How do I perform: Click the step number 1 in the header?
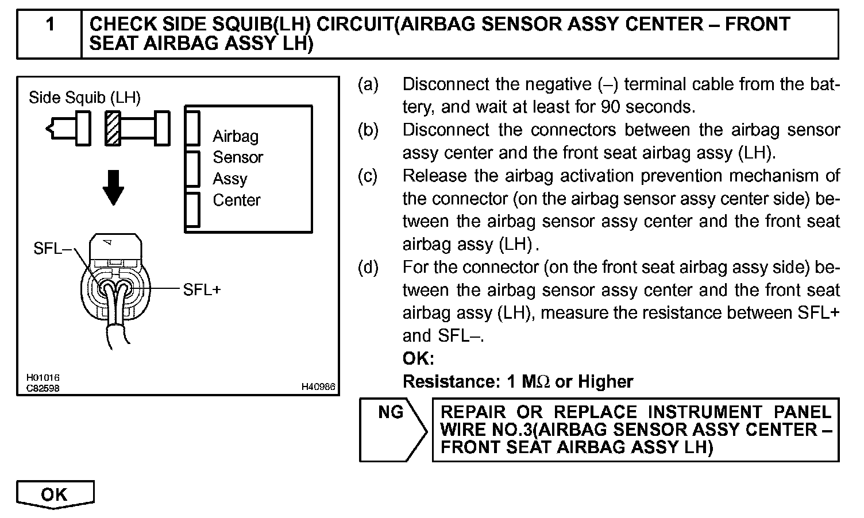point(50,25)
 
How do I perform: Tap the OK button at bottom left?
point(55,494)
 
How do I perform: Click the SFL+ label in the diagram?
point(202,289)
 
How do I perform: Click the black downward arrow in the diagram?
point(114,187)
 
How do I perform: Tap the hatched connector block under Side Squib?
point(112,127)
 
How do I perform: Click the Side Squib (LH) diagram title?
point(84,98)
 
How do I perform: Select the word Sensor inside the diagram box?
point(238,157)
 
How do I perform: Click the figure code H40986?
point(318,388)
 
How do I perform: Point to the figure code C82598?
point(43,388)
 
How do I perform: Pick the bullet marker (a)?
point(368,84)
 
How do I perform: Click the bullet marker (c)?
point(368,176)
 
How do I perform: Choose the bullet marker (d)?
point(368,268)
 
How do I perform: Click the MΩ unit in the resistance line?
point(536,382)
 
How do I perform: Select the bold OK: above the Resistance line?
point(418,359)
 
